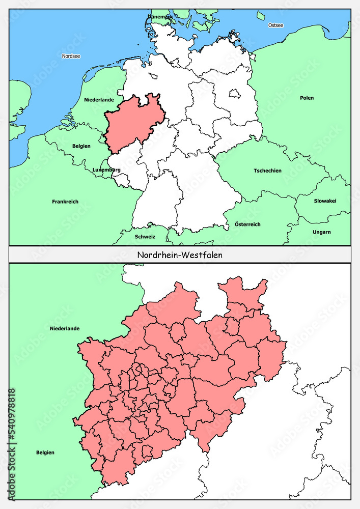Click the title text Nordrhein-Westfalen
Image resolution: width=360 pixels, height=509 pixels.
[180, 255]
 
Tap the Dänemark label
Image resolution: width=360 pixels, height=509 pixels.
[160, 17]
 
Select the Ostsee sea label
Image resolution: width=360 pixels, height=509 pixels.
[275, 25]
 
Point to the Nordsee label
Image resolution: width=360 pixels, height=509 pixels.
[71, 56]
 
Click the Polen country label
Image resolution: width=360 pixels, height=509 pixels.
[307, 98]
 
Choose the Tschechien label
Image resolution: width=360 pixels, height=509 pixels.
[267, 171]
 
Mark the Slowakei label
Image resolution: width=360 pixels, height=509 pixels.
[325, 201]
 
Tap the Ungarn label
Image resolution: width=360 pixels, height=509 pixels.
[322, 232]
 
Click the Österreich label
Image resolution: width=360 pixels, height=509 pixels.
[247, 224]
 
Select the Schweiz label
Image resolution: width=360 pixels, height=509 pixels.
[145, 237]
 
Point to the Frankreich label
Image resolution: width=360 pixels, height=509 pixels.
[65, 202]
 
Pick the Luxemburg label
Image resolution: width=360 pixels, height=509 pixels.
[106, 169]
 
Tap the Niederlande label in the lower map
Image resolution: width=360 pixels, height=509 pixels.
[64, 328]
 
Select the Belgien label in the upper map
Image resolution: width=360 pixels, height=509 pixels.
[81, 146]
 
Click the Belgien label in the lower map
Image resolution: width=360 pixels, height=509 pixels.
[45, 452]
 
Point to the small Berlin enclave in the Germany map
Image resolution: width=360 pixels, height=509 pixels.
[235, 94]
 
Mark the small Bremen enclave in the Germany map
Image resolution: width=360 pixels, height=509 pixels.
[153, 77]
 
